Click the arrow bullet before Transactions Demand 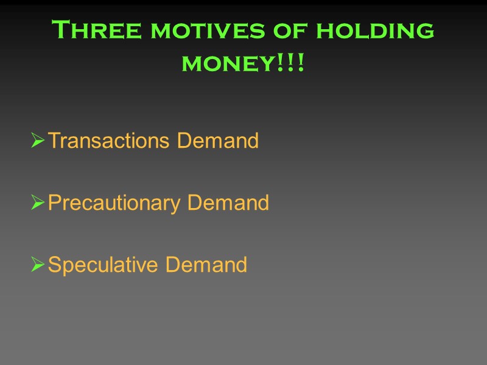pyautogui.click(x=37, y=142)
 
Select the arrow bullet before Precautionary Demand pyautogui.click(x=37, y=204)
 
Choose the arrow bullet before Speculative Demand pyautogui.click(x=37, y=266)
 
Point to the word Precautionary pyautogui.click(x=114, y=203)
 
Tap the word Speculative pyautogui.click(x=103, y=265)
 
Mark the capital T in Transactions pyautogui.click(x=54, y=141)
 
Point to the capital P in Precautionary pyautogui.click(x=54, y=203)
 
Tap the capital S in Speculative pyautogui.click(x=54, y=265)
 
